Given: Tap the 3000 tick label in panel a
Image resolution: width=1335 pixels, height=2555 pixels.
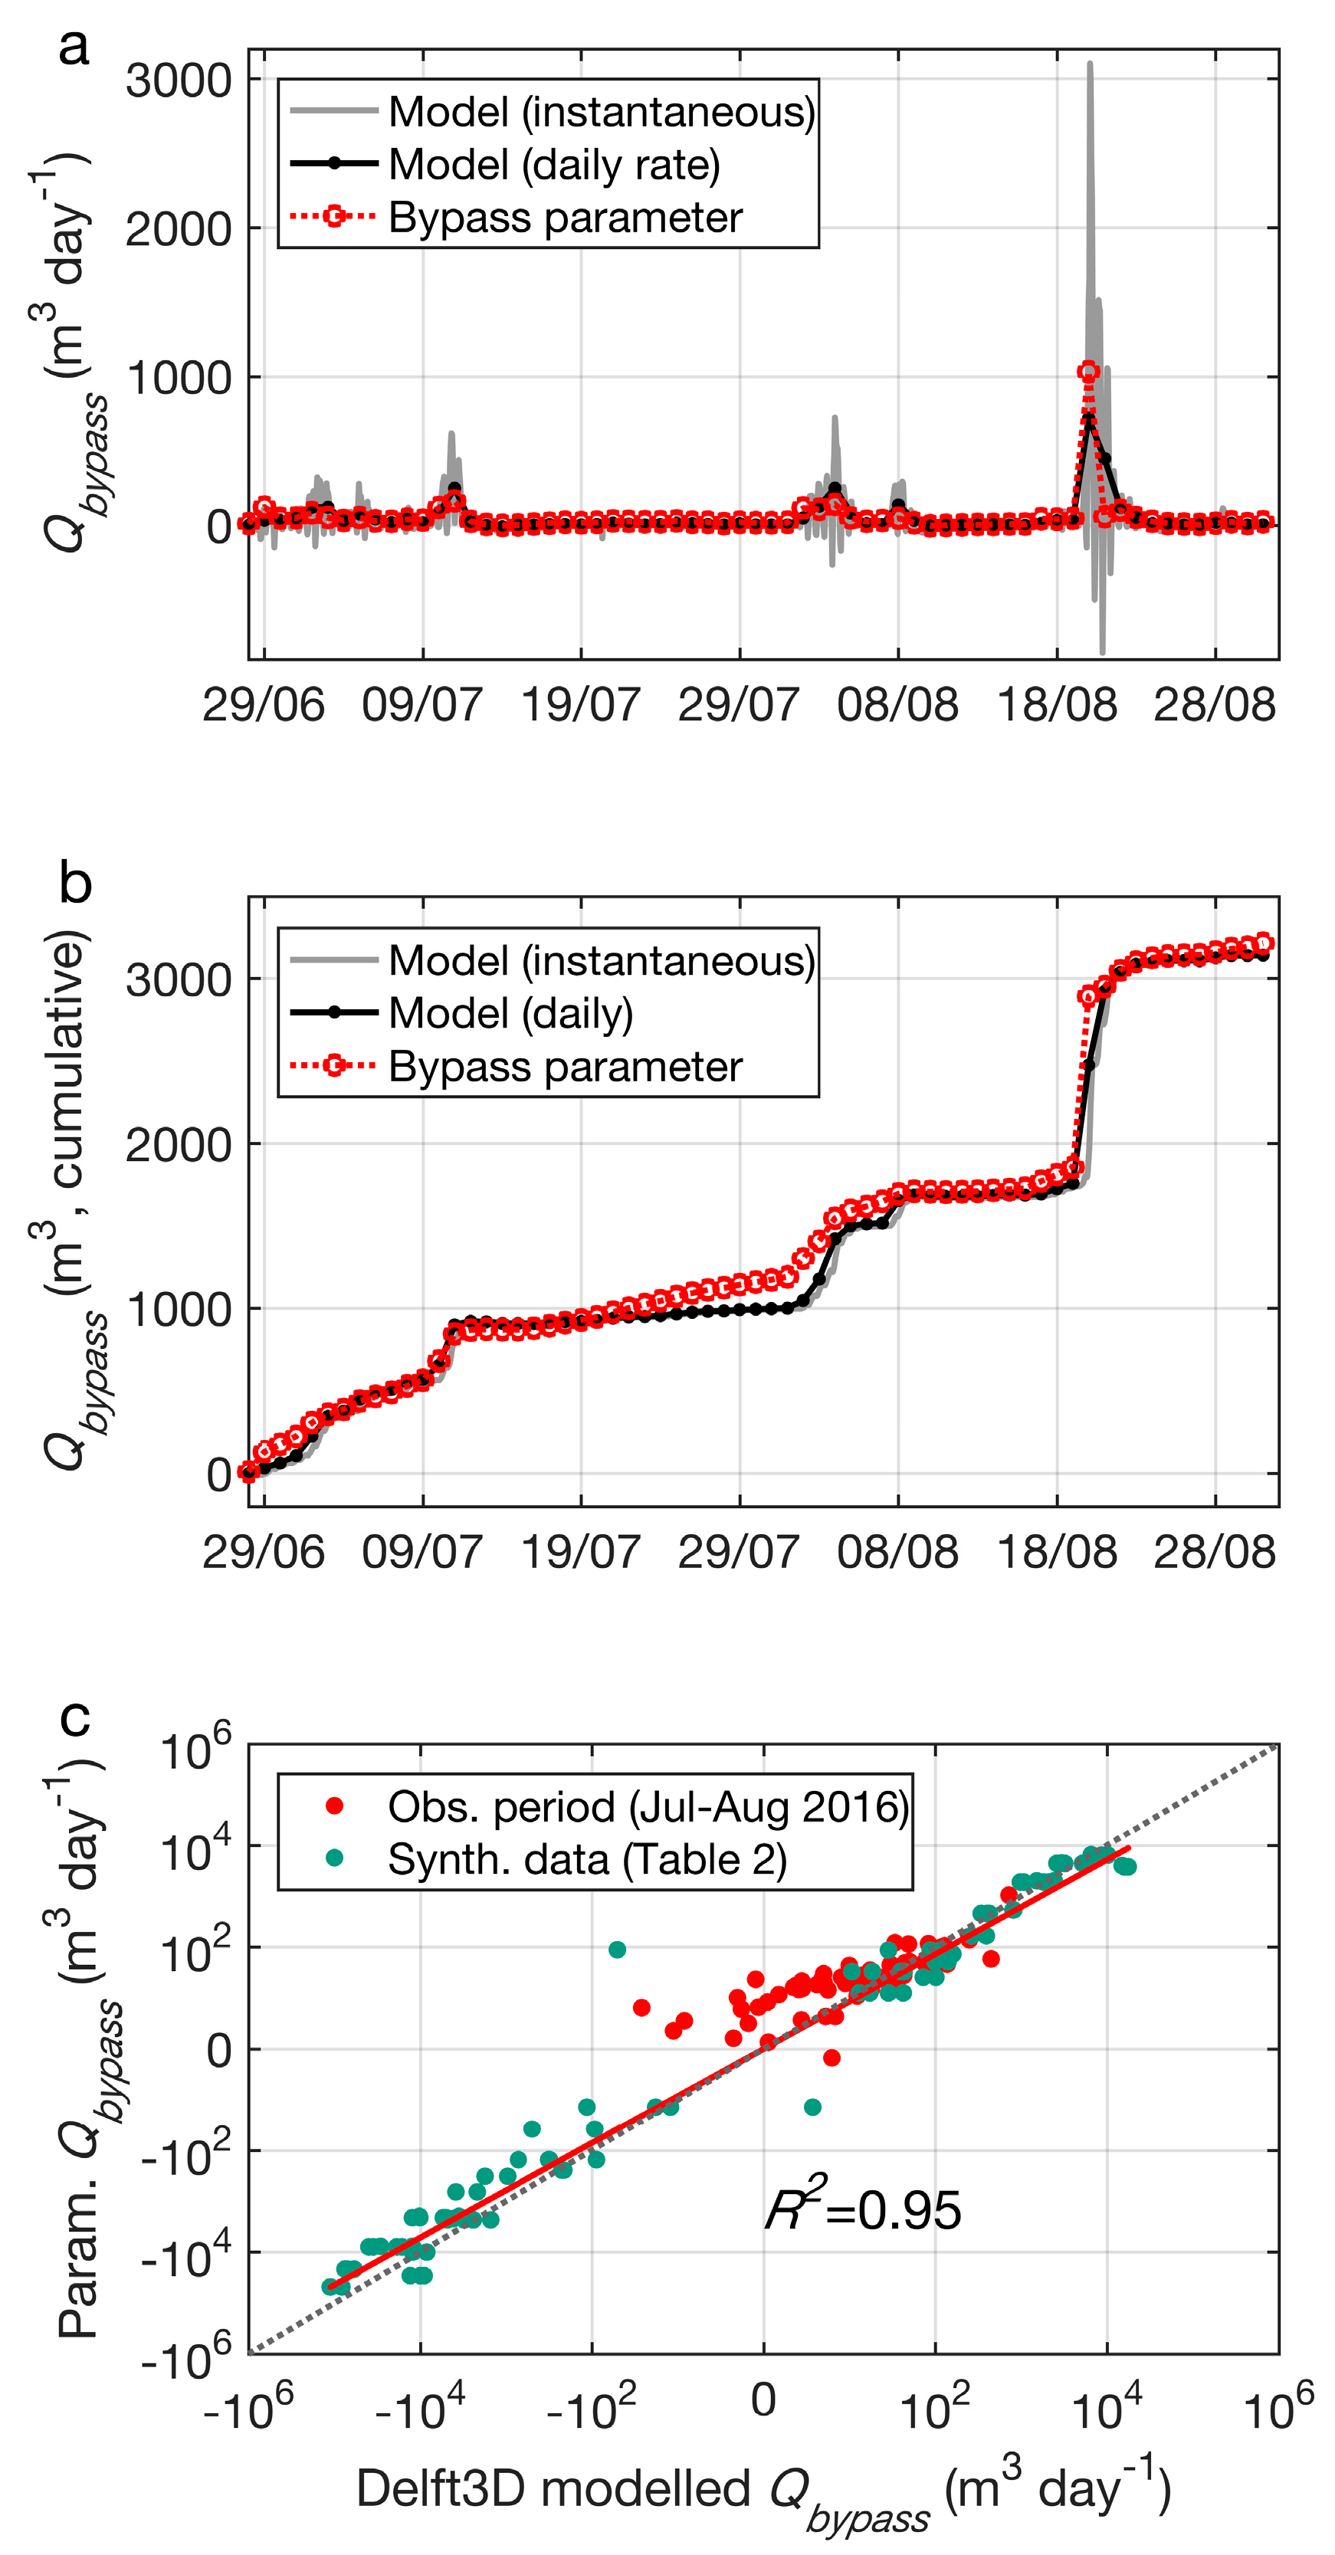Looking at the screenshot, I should [179, 80].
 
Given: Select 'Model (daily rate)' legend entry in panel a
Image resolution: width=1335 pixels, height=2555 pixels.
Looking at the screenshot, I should [553, 165].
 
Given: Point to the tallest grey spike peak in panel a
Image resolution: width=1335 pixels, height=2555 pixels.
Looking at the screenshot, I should [1089, 65].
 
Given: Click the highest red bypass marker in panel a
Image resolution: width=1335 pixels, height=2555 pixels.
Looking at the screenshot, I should [1088, 371].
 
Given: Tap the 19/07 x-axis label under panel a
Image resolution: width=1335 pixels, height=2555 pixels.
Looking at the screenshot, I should [580, 705].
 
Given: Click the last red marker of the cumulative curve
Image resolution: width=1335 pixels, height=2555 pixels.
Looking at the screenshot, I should [1264, 943].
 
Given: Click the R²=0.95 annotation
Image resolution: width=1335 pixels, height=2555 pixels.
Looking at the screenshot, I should [863, 2211].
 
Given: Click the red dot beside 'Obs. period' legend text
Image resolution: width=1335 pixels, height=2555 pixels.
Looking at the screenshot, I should [334, 1807].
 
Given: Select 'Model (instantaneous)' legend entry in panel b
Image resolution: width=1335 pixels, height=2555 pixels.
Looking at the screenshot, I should [601, 960].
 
